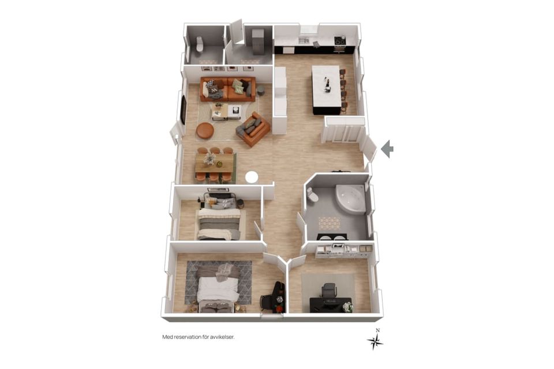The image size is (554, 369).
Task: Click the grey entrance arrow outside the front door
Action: coord(387,149)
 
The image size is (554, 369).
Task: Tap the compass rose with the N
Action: coord(375,340)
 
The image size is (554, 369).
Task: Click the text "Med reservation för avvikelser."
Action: coord(198,337)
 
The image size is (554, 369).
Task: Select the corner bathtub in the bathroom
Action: coord(350,198)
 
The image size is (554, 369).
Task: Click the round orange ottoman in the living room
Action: coord(205,130)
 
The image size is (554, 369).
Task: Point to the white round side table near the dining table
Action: coord(252,177)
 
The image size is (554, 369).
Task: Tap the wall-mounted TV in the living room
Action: coord(184,109)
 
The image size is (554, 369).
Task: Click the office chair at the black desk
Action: coord(329,290)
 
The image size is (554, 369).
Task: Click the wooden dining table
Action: coord(215,163)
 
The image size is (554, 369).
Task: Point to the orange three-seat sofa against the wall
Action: coord(227,89)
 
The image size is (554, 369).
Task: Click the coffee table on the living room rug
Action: coord(226,112)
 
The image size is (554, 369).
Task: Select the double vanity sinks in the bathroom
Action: coord(332,237)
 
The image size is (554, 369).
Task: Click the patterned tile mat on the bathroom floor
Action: coord(330,223)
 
